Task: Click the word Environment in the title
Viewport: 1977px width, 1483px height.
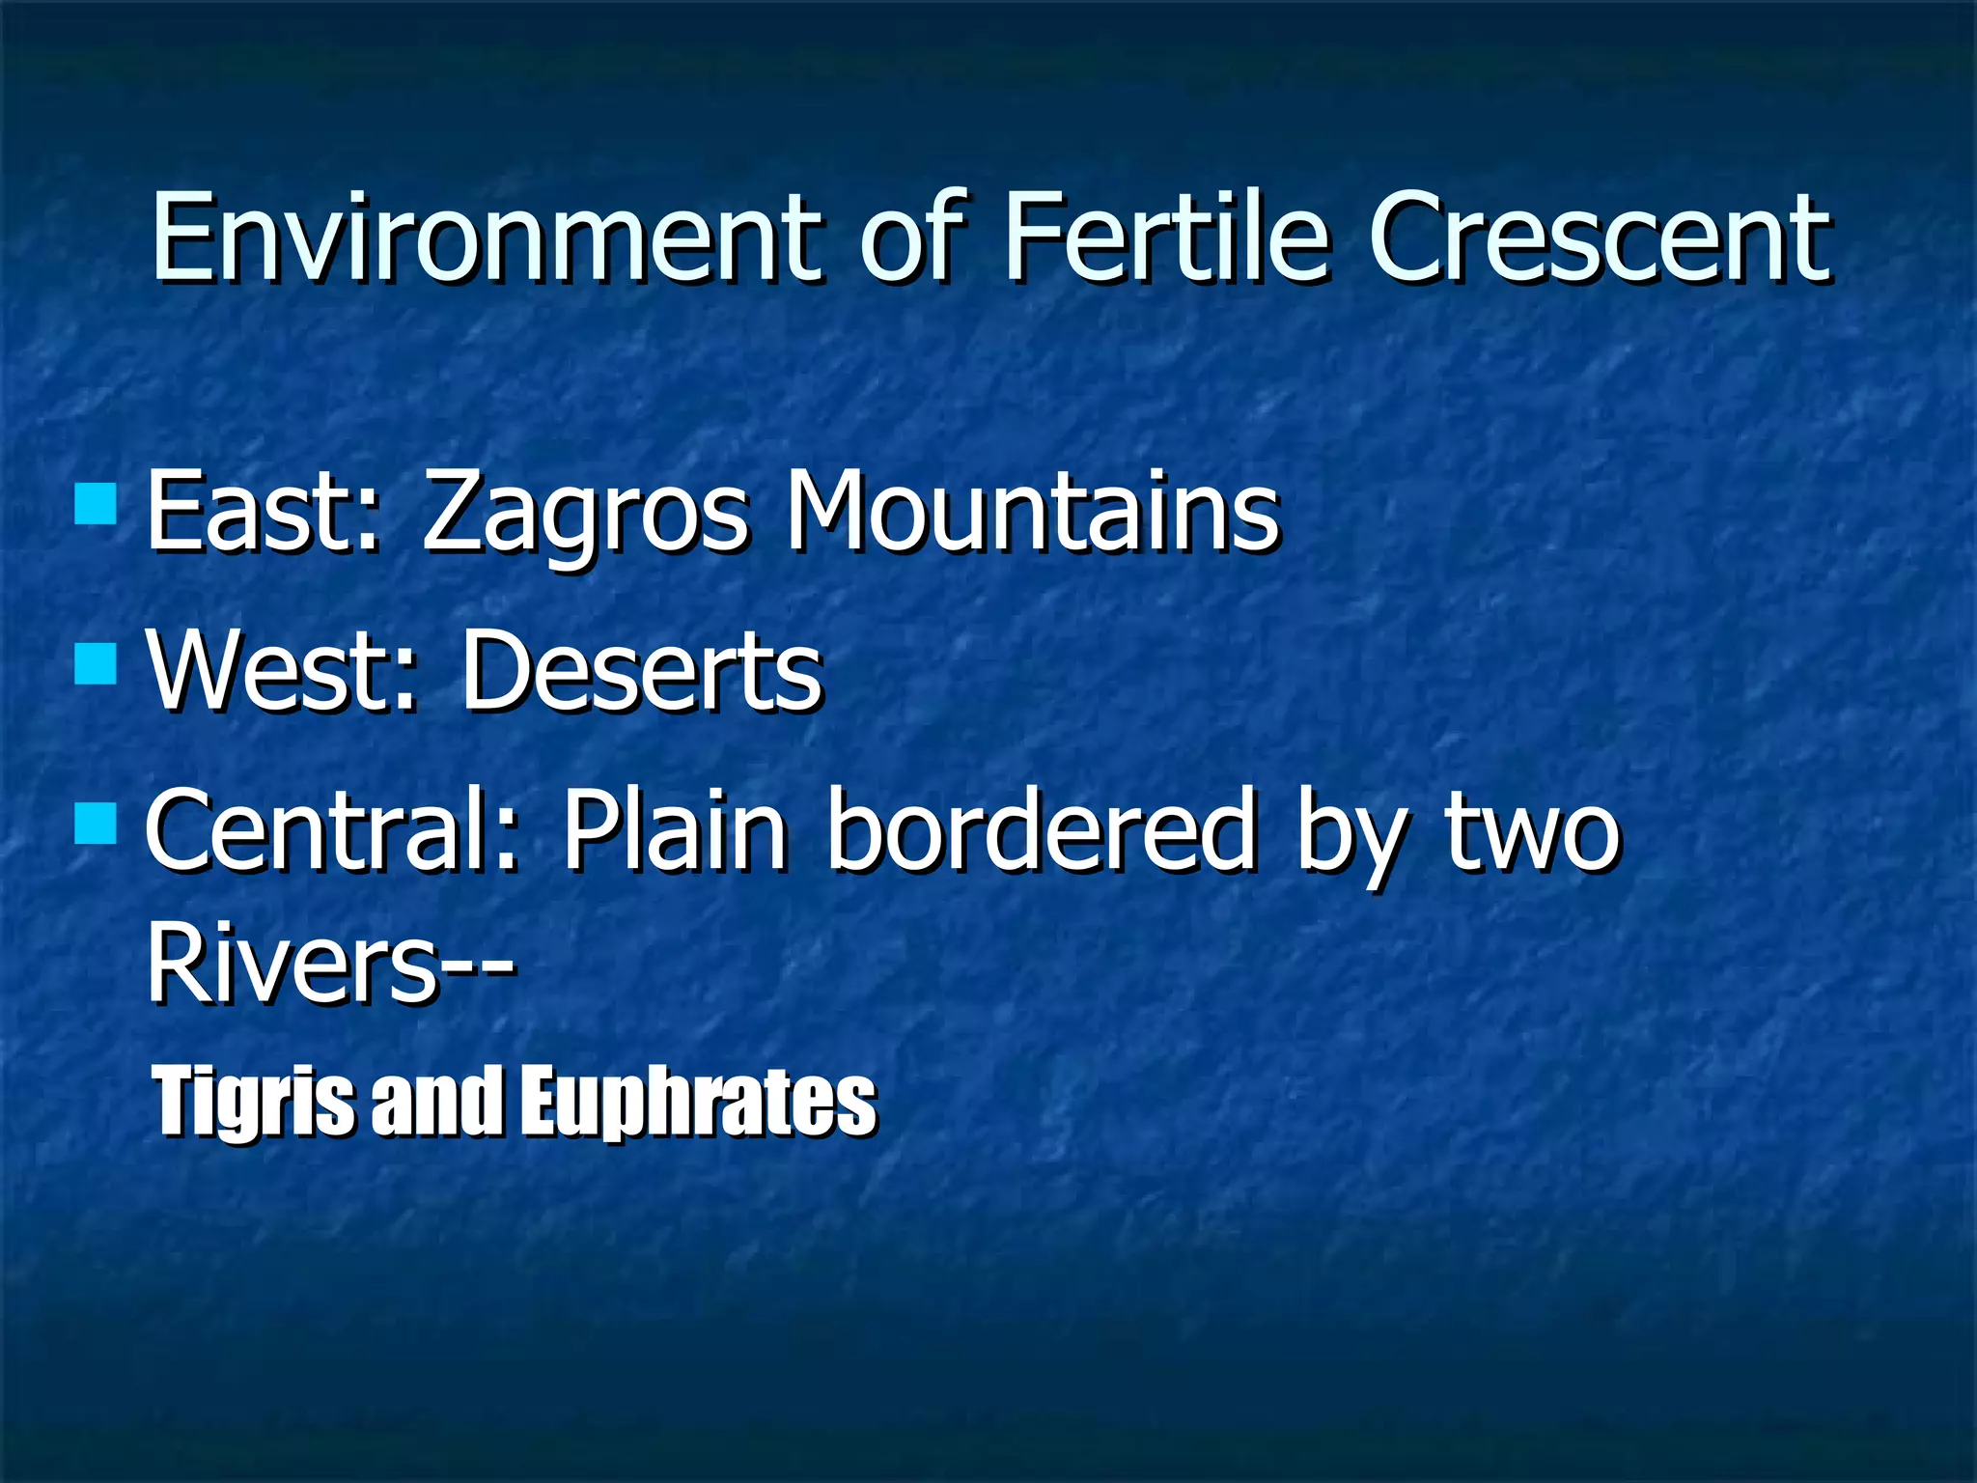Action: coord(487,238)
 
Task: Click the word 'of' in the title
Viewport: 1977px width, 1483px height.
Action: coord(912,238)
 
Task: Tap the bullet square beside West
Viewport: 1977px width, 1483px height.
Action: coord(96,663)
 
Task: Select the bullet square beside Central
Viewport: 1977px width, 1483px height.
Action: coord(96,824)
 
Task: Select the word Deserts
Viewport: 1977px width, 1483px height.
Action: coord(642,671)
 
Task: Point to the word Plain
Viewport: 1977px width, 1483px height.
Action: coord(675,830)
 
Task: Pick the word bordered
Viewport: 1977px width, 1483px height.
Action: coord(1043,830)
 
